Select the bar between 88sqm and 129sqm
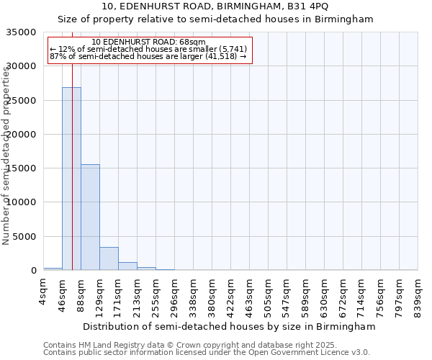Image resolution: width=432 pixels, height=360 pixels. (90, 217)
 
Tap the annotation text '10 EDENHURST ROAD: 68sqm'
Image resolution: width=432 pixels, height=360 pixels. (149, 42)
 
